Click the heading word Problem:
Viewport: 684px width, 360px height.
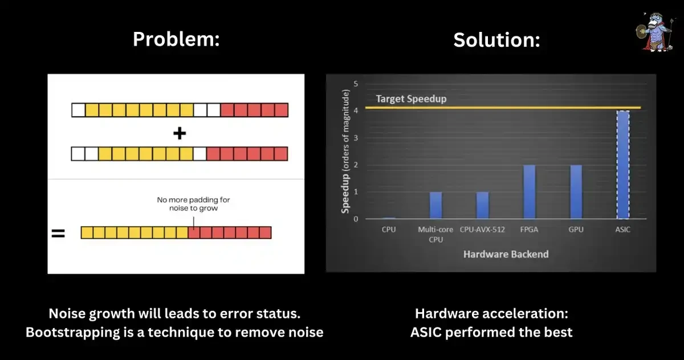(176, 39)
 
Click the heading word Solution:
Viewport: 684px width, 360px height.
(496, 40)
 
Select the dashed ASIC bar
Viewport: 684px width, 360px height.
(623, 165)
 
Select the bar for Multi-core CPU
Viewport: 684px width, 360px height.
(435, 206)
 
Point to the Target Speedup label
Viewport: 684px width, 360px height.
(411, 99)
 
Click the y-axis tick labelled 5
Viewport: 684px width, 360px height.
(356, 84)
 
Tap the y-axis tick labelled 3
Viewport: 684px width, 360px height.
(356, 138)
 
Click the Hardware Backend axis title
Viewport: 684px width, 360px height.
(506, 254)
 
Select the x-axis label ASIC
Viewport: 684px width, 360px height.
(623, 230)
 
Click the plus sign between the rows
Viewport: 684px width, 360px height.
(180, 133)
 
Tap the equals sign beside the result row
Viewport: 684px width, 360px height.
(58, 233)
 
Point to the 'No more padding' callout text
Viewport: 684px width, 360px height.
(193, 204)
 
